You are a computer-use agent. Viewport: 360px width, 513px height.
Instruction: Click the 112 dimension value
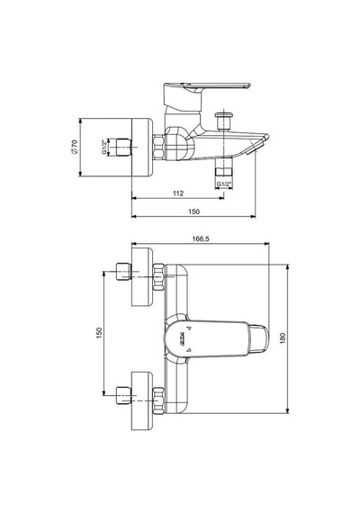[x=178, y=193]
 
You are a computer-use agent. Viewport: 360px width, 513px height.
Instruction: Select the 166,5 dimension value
[x=201, y=238]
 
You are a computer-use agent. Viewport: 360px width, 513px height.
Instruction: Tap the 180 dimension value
[x=283, y=338]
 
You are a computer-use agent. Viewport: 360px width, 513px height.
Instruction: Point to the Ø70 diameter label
[x=75, y=147]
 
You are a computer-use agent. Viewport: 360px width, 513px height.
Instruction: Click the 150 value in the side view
[x=193, y=211]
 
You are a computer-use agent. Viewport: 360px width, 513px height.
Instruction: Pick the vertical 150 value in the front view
[x=100, y=333]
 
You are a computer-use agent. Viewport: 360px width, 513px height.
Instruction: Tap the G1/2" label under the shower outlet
[x=224, y=184]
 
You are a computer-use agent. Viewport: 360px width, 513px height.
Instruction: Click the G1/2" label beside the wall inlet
[x=104, y=147]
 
